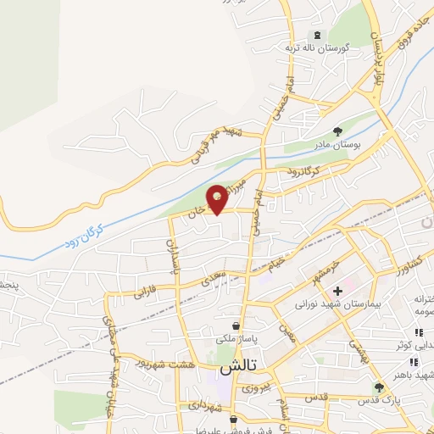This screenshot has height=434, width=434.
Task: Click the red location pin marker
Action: tap(218, 198)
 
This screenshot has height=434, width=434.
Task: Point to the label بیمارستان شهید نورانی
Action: tap(330, 303)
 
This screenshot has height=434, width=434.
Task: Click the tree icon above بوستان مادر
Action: tap(338, 131)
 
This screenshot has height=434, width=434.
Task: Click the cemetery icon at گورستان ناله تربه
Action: tap(317, 35)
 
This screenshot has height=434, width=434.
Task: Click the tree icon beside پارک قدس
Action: tap(379, 387)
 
